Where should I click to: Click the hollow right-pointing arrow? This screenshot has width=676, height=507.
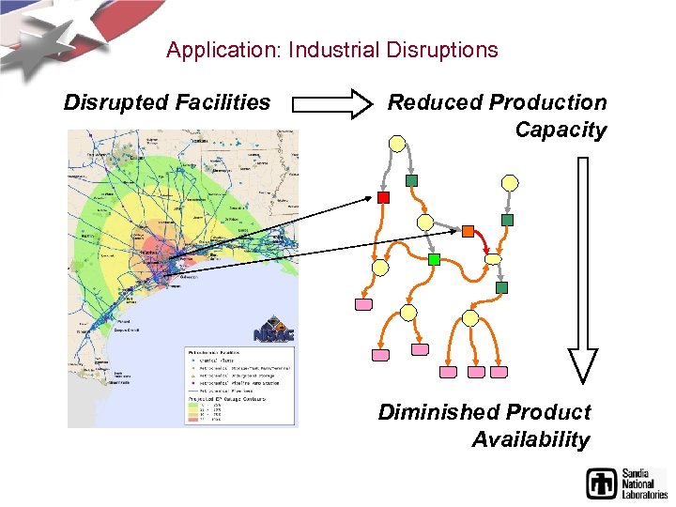pos(332,102)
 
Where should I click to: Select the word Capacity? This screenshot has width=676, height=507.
pos(561,131)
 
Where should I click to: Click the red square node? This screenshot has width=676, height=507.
pos(383,197)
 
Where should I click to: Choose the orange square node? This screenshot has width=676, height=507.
pos(468,231)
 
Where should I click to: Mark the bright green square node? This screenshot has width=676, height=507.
pos(434,258)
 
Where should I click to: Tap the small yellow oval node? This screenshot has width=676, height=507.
pos(494,259)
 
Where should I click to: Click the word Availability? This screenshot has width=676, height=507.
pos(530,439)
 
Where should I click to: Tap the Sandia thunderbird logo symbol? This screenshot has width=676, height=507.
pos(602,484)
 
